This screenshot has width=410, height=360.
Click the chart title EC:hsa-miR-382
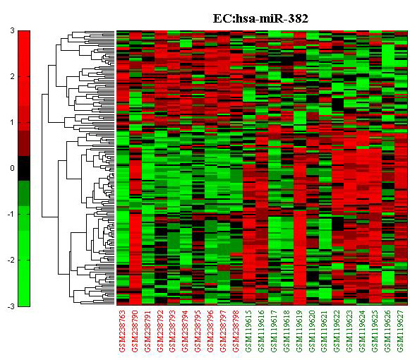pos(260,18)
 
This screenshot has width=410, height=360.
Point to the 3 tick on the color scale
pos(12,30)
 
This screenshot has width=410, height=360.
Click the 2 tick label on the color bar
pos(12,77)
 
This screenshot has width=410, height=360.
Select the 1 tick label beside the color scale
pos(12,122)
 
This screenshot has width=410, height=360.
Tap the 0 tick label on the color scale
pos(12,168)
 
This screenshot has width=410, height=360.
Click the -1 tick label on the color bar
pos(11,215)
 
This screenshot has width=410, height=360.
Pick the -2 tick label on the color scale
pos(11,260)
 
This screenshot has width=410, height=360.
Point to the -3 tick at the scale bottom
pos(11,306)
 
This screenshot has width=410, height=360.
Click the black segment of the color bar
pos(24,169)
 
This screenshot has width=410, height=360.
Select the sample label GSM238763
pos(122,331)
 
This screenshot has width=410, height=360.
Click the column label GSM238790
pos(135,331)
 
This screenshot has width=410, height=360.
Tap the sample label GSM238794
pos(186,331)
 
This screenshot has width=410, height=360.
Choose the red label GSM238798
pos(236,331)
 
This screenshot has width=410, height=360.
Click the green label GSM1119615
pos(248,331)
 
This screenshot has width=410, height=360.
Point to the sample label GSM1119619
pos(299,331)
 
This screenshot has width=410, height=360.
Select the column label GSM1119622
pos(337,331)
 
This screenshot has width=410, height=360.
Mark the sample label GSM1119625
pos(375,331)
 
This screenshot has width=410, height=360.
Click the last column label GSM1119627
pos(401,331)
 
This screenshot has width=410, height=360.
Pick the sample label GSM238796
pos(211,331)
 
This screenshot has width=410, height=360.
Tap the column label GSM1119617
pos(274,331)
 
